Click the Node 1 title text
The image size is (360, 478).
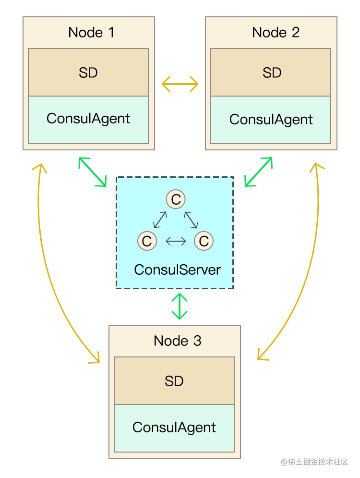pos(91,33)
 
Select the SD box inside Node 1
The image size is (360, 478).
pos(88,73)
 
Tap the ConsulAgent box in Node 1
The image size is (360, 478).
pos(88,119)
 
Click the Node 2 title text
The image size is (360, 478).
pos(276,33)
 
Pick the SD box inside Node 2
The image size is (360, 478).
pos(271,73)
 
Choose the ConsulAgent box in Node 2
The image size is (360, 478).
pos(271,120)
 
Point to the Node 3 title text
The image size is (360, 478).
pos(177,341)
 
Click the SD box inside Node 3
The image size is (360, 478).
pos(174,381)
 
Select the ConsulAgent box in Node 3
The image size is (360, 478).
pos(174,428)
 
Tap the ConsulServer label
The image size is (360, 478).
pos(178,270)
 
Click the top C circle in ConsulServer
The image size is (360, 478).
pos(176,199)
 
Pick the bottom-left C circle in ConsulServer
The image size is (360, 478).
pos(147,241)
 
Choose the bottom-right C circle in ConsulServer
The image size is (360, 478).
pos(204,241)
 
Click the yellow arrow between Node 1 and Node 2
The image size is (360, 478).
pos(180,85)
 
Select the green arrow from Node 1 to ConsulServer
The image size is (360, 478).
pos(93,172)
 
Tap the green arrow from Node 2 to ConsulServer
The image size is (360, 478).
pos(258,172)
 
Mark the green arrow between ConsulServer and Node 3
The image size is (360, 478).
pos(180,306)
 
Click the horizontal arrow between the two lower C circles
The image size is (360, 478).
pos(176,241)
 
